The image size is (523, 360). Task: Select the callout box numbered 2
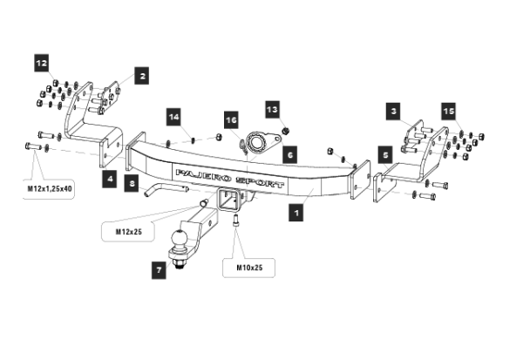pyautogui.click(x=141, y=76)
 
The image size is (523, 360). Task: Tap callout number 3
pyautogui.click(x=394, y=112)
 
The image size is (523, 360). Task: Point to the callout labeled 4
pyautogui.click(x=111, y=179)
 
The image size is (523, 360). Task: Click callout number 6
pyautogui.click(x=290, y=153)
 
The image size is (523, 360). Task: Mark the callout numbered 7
pyautogui.click(x=159, y=270)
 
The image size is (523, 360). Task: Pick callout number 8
pyautogui.click(x=131, y=184)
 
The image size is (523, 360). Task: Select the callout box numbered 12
pyautogui.click(x=43, y=63)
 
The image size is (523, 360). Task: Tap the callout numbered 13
pyautogui.click(x=273, y=110)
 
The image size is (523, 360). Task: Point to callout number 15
pyautogui.click(x=448, y=112)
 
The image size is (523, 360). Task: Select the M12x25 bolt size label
pyautogui.click(x=130, y=232)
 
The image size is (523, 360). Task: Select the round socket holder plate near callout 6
pyautogui.click(x=258, y=141)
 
